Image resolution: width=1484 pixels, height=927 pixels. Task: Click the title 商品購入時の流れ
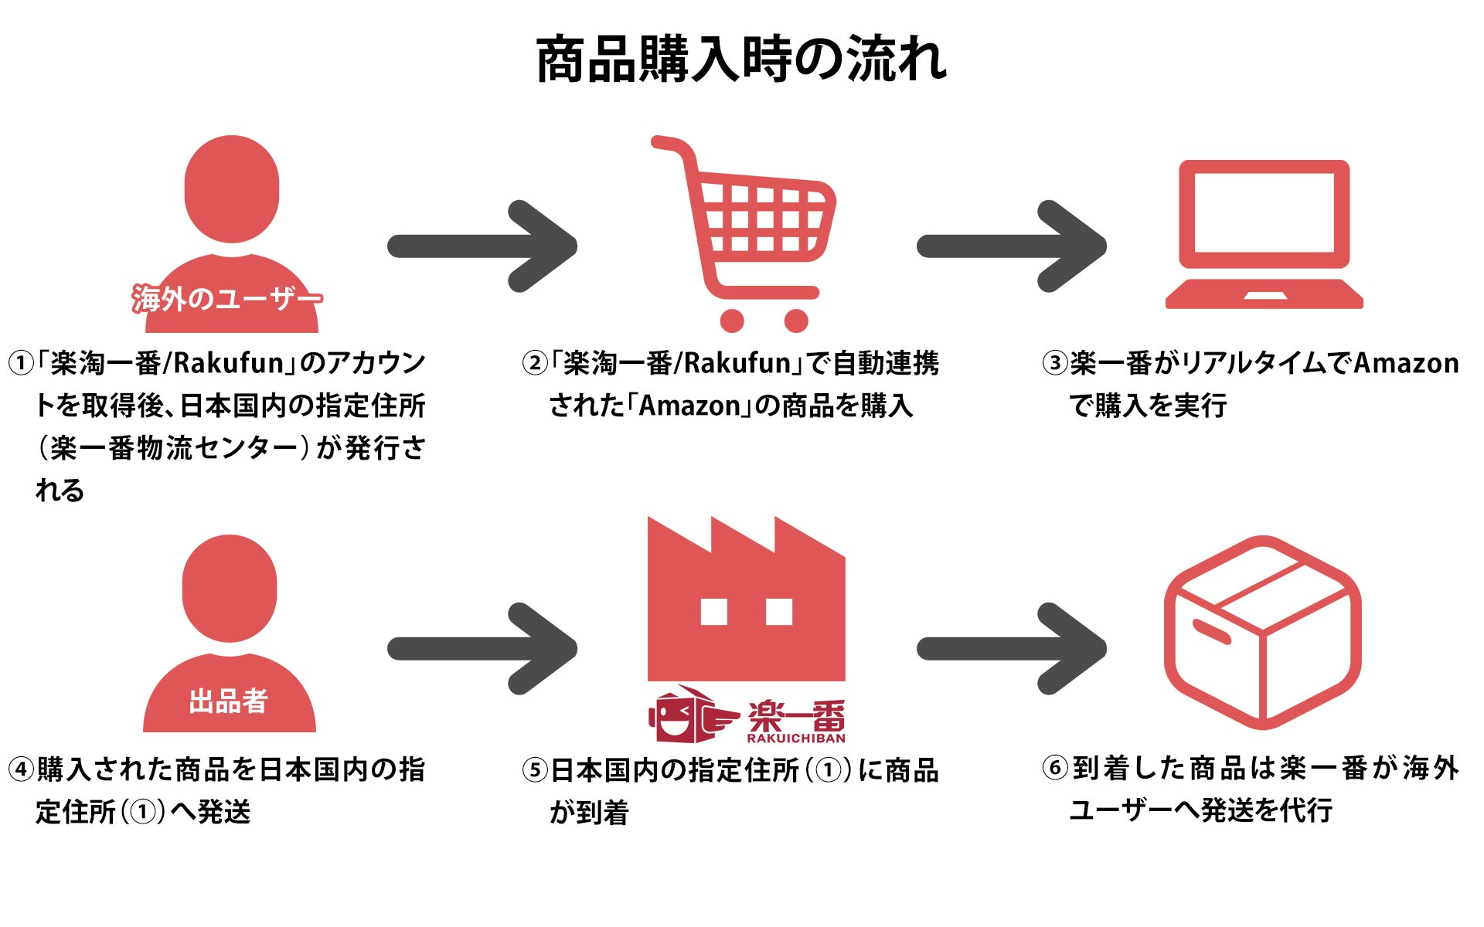[741, 60]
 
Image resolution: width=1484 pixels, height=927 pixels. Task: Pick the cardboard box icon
[1262, 632]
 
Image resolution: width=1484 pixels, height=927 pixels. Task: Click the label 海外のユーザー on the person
[226, 299]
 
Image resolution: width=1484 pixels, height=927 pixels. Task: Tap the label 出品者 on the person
[228, 701]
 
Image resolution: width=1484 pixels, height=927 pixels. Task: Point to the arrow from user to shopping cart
[483, 246]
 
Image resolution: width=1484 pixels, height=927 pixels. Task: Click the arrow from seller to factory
[483, 648]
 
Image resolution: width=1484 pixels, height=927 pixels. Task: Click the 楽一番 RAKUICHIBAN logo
[747, 716]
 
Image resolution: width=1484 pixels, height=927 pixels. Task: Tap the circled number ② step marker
[535, 363]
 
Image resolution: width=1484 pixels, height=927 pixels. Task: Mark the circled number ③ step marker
[1055, 363]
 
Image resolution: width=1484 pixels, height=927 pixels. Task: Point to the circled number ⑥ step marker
[1055, 769]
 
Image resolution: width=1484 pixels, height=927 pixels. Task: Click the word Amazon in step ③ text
[1406, 363]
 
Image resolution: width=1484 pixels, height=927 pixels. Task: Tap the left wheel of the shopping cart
[731, 320]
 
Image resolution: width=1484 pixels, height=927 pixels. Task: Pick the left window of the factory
[713, 612]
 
